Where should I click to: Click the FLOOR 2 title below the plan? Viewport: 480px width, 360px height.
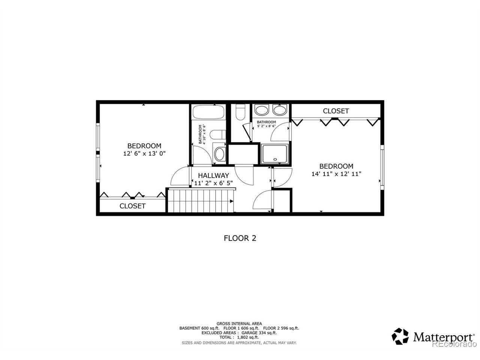tap(240, 238)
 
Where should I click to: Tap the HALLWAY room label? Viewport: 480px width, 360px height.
tap(213, 175)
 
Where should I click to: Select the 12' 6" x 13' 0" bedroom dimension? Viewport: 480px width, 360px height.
tap(144, 153)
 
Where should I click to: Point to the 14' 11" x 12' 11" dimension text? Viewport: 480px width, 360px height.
tap(336, 174)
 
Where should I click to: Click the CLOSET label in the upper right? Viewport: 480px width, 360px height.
tap(336, 111)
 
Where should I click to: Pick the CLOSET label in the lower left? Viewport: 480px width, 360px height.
tap(132, 206)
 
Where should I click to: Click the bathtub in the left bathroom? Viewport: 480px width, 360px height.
tap(208, 112)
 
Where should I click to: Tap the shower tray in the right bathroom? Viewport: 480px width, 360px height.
tap(275, 154)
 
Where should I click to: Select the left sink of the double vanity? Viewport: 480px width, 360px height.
tap(261, 110)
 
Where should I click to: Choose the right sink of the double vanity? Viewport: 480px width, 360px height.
tap(279, 110)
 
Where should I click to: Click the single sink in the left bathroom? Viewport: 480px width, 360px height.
tap(219, 154)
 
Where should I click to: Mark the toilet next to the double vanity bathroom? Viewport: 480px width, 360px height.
tap(240, 111)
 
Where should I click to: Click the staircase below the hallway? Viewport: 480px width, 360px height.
tap(201, 201)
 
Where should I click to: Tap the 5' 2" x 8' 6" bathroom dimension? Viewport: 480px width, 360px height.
tap(266, 126)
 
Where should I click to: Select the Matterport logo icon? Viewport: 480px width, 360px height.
tap(401, 336)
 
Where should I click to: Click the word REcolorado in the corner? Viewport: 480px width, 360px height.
tap(454, 344)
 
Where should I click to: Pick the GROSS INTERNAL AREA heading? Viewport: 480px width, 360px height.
tap(239, 323)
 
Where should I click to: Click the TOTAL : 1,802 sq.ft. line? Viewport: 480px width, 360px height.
tap(239, 337)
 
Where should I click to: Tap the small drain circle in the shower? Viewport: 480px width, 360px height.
tap(275, 159)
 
